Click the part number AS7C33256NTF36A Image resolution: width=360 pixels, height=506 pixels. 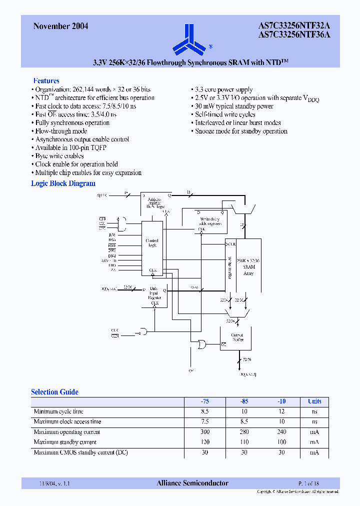(x=294, y=35)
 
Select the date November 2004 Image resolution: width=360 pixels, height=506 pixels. (x=60, y=26)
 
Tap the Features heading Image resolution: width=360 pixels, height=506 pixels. (x=46, y=80)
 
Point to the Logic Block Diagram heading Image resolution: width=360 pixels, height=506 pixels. (x=63, y=183)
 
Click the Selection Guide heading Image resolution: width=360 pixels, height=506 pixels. (x=54, y=392)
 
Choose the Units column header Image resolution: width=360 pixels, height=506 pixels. (x=314, y=401)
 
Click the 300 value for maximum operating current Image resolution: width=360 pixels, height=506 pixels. (x=205, y=432)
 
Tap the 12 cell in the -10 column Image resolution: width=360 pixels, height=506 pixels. (x=281, y=411)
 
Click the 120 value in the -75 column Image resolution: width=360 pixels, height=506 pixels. (x=205, y=442)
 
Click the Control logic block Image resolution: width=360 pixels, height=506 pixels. (x=152, y=243)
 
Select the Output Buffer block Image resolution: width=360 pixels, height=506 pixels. (x=237, y=338)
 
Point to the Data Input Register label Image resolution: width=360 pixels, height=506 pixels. (x=154, y=293)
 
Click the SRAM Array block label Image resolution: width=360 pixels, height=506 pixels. (x=248, y=267)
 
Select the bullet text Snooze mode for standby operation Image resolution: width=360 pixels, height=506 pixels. (x=241, y=131)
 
